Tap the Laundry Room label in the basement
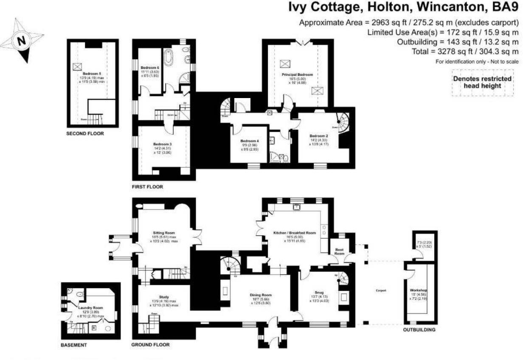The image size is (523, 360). (90, 308)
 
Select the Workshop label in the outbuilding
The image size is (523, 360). (419, 290)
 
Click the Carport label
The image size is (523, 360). (380, 291)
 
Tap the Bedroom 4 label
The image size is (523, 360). (249, 141)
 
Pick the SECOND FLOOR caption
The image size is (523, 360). (85, 133)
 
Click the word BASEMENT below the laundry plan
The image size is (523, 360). (74, 345)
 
